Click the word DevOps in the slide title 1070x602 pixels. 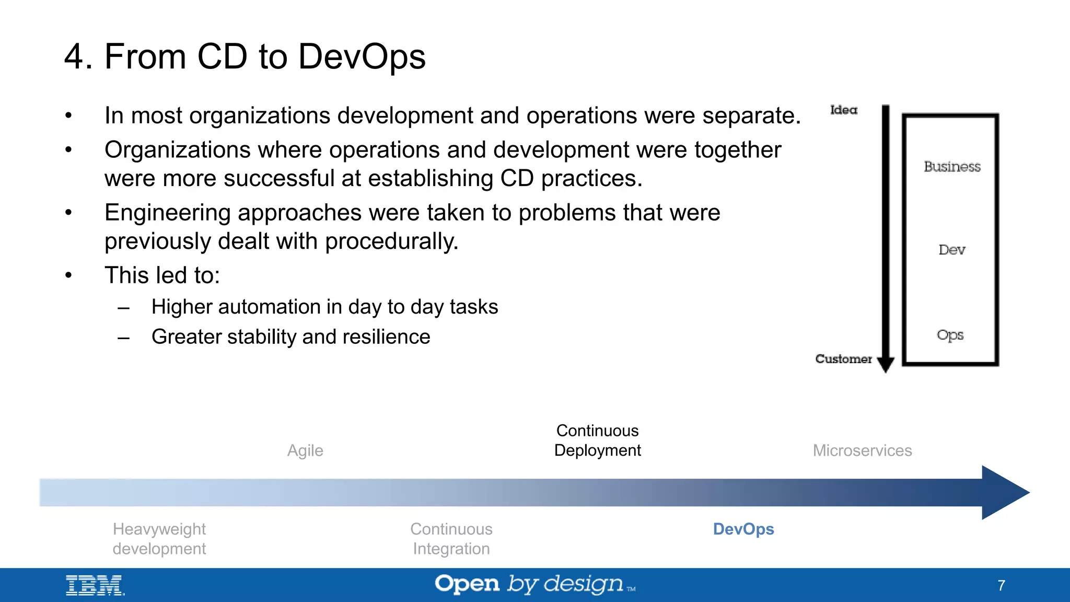click(362, 56)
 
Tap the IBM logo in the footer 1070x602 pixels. click(95, 585)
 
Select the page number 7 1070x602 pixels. click(1001, 585)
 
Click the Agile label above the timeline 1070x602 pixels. click(305, 450)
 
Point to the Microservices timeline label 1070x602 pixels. click(862, 450)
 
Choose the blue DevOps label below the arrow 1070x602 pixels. click(743, 529)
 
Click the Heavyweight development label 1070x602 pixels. click(159, 539)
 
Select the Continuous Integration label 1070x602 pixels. click(451, 539)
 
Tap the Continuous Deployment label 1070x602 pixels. click(597, 441)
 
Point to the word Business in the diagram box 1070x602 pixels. click(952, 167)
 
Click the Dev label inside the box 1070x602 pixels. click(951, 250)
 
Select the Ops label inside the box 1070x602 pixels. click(950, 335)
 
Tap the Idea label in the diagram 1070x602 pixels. click(843, 110)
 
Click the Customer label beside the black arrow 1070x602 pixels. click(843, 359)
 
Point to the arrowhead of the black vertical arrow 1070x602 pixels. click(886, 364)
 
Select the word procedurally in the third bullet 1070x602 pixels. click(391, 241)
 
